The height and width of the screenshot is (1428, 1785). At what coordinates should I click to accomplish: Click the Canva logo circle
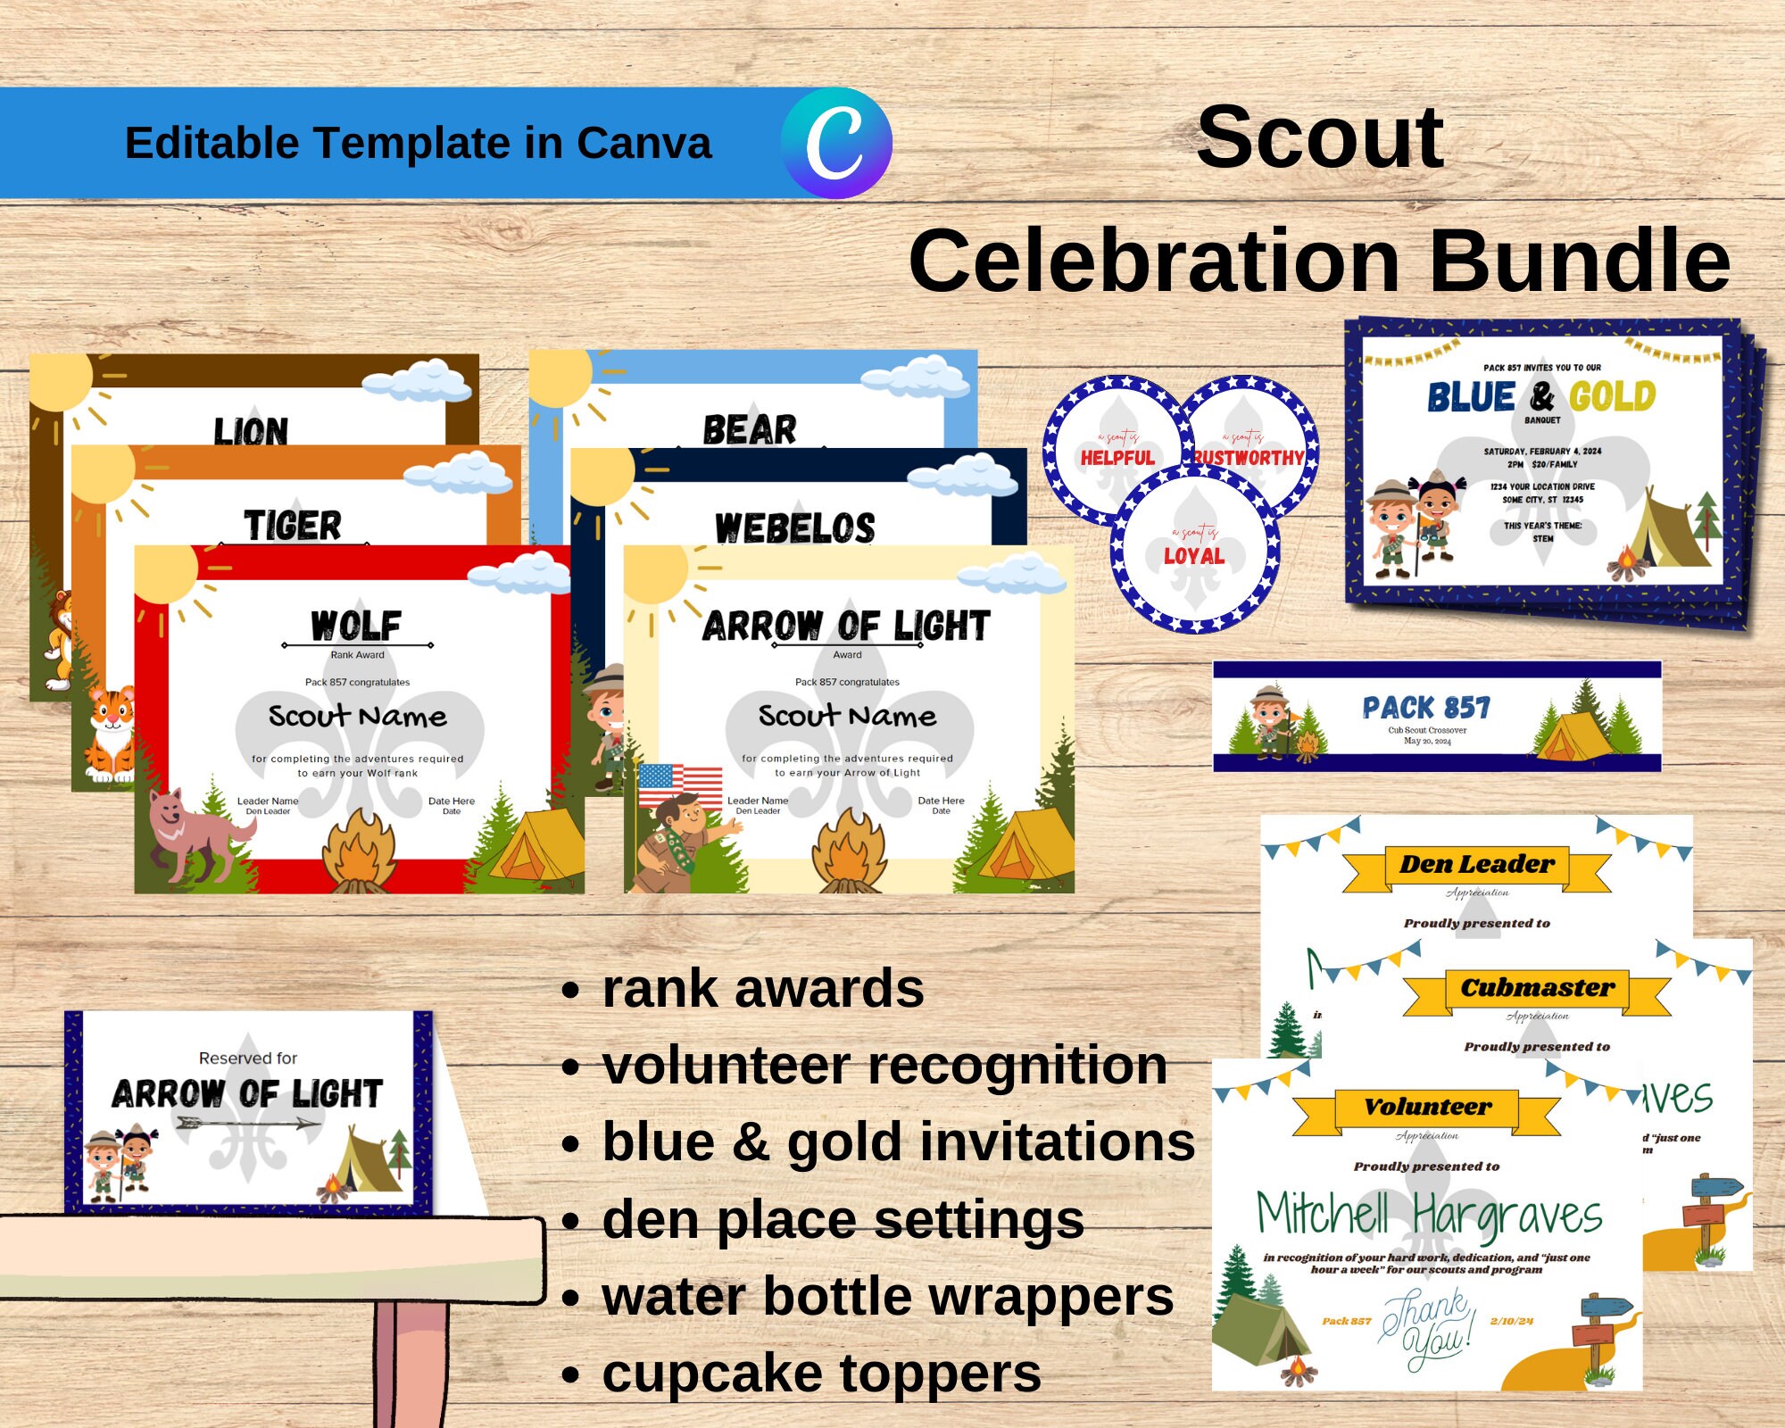836,143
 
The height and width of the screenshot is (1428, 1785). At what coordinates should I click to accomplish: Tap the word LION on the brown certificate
251,432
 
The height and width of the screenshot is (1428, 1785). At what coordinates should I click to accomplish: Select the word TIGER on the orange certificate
293,525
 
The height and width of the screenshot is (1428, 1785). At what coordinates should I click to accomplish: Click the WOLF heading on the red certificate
356,625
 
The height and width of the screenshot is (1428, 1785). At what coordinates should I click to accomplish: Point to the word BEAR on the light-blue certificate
750,429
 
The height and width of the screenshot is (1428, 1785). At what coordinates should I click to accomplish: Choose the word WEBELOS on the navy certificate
795,527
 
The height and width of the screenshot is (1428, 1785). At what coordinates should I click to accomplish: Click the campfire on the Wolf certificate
359,852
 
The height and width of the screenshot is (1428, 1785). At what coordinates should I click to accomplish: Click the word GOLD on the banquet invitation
1612,396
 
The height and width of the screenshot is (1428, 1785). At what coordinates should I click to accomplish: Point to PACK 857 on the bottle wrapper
1426,709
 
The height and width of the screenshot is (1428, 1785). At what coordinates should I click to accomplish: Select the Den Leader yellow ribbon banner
1477,865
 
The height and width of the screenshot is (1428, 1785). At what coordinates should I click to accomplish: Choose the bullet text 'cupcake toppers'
821,1374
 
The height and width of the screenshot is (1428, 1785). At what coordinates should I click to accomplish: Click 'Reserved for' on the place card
247,1059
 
